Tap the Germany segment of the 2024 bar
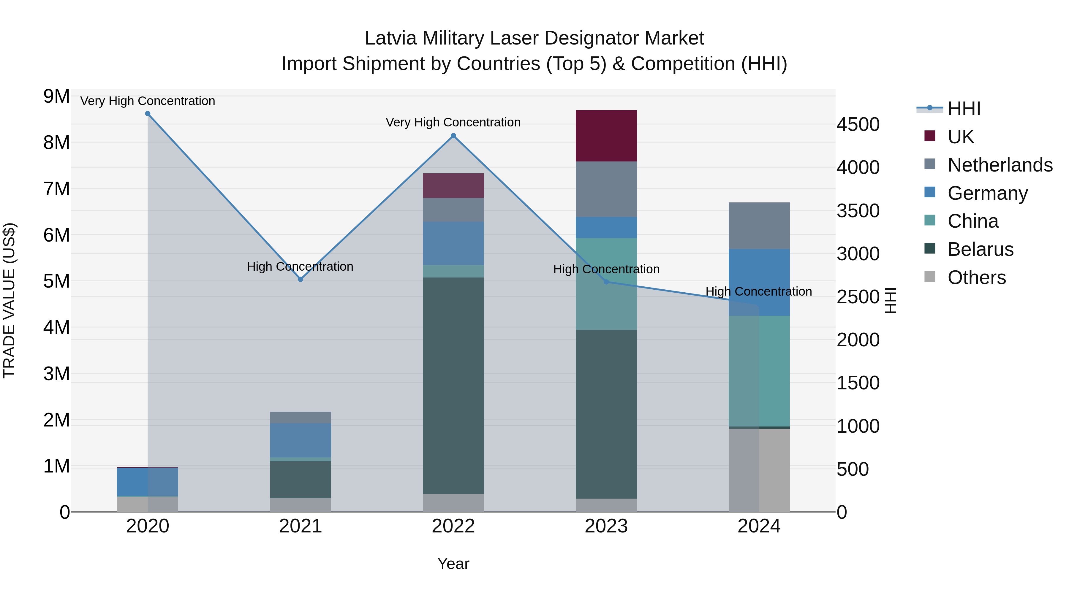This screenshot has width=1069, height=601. tap(759, 282)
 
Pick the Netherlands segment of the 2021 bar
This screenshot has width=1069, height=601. tap(301, 417)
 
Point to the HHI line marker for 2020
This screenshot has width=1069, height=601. tap(148, 114)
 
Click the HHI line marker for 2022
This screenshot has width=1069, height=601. tap(453, 136)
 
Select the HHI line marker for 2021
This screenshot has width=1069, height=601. tap(301, 279)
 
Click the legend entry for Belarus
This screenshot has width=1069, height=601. tap(980, 249)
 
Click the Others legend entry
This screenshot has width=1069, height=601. tap(976, 277)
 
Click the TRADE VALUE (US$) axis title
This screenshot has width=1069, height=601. tap(9, 300)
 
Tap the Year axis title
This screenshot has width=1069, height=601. tap(453, 564)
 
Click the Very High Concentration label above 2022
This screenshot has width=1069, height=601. tap(453, 122)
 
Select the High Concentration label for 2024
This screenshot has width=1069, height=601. tap(759, 291)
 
